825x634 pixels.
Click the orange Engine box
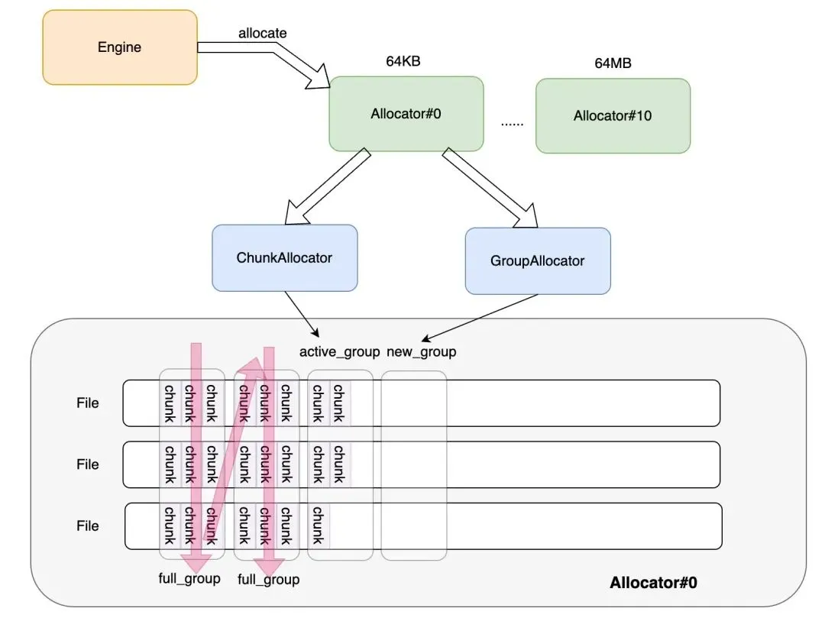(x=120, y=47)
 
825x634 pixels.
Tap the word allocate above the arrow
(x=263, y=33)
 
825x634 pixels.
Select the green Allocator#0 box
(x=406, y=114)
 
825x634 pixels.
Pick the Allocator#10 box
(x=613, y=116)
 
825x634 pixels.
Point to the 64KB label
(x=403, y=61)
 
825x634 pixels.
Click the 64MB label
(x=613, y=63)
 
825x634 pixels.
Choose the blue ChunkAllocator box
(x=285, y=258)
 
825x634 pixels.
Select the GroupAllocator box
(x=538, y=261)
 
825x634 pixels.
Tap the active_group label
(x=339, y=352)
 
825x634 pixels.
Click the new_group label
(x=422, y=352)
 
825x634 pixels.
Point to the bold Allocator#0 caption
(x=653, y=582)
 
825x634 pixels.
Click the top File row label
(x=87, y=403)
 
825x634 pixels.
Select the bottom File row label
(x=87, y=526)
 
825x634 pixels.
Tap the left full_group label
(x=189, y=579)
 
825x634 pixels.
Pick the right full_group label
(x=268, y=580)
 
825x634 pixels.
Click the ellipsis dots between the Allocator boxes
(x=512, y=125)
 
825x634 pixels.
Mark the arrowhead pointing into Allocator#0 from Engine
(x=319, y=78)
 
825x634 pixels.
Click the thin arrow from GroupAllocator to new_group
(x=480, y=317)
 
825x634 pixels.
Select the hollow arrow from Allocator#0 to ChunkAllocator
(x=328, y=186)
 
